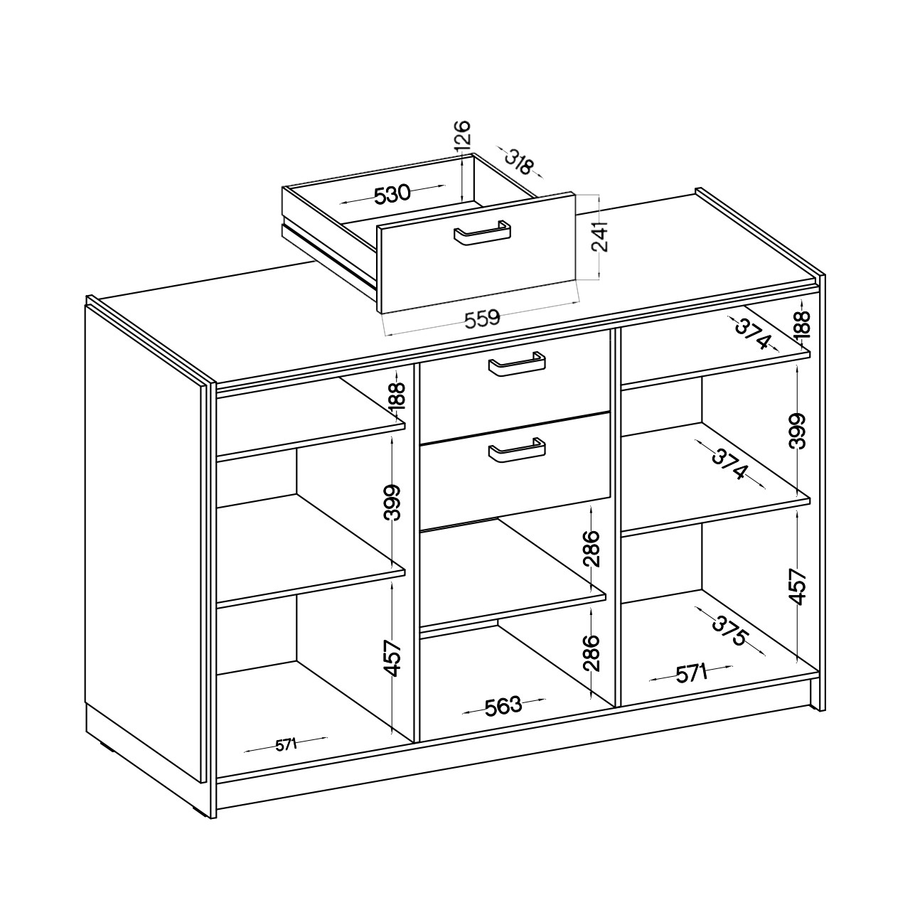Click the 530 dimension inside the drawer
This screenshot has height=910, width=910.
pyautogui.click(x=392, y=194)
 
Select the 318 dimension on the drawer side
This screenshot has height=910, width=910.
pyautogui.click(x=520, y=162)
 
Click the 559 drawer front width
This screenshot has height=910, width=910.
pyautogui.click(x=482, y=319)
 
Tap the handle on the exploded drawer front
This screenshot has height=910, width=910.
pyautogui.click(x=482, y=232)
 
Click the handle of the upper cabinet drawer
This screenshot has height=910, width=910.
pyautogui.click(x=517, y=363)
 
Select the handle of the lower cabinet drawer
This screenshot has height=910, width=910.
pyautogui.click(x=517, y=450)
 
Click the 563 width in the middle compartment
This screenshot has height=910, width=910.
pyautogui.click(x=503, y=706)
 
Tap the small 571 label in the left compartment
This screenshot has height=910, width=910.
pyautogui.click(x=286, y=745)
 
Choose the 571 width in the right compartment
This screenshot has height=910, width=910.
pyautogui.click(x=691, y=674)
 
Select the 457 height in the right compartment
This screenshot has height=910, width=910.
pyautogui.click(x=797, y=587)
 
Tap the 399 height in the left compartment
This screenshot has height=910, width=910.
pyautogui.click(x=392, y=502)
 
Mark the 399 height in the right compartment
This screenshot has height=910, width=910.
pyautogui.click(x=797, y=431)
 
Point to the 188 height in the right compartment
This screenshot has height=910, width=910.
pyautogui.click(x=802, y=324)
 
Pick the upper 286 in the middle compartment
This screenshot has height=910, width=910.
pyautogui.click(x=591, y=549)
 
